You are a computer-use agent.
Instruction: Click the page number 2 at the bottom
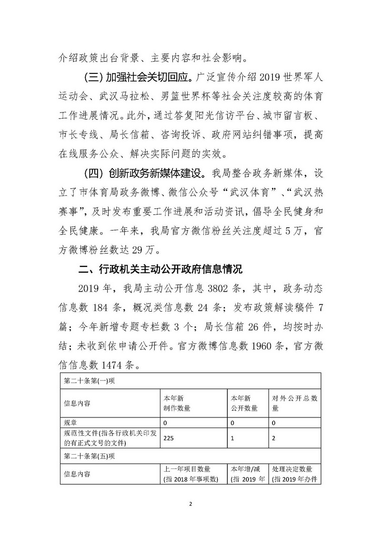(190, 503)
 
